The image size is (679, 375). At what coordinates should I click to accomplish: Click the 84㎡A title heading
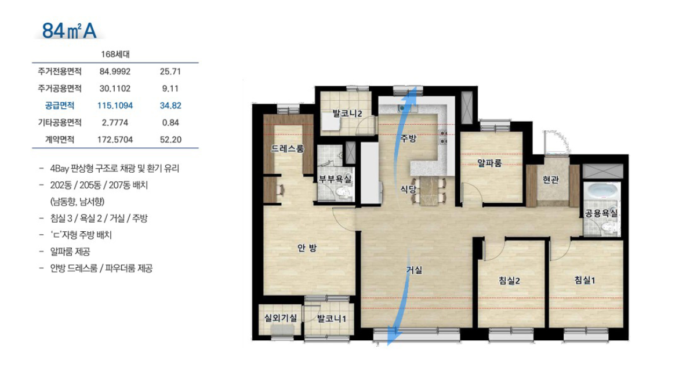pos(69,31)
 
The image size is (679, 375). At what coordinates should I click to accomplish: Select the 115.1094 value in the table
pos(115,105)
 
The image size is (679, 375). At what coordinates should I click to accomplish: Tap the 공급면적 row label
pos(60,105)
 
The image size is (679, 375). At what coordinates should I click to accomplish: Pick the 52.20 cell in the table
pos(170,140)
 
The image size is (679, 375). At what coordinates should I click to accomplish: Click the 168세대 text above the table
pos(115,54)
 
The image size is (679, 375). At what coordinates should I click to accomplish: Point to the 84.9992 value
pos(115,71)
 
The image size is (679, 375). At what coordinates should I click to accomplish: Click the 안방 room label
pos(307,247)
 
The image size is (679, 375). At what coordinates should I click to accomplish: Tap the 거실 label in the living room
pos(414,270)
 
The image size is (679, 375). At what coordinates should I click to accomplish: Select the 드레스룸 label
pos(288,148)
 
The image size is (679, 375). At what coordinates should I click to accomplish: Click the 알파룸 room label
pos(489,163)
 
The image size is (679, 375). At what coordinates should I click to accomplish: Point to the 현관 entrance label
pos(551,179)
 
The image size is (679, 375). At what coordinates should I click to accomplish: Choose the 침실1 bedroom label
pos(584,280)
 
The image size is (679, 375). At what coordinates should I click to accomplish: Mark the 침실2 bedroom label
pos(509,281)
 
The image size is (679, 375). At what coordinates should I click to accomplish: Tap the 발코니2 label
pos(347,114)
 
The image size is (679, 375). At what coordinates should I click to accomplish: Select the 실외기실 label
pos(281,318)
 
